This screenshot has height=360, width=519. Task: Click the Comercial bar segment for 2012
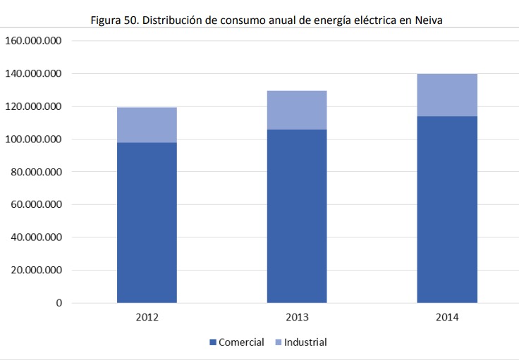(147, 223)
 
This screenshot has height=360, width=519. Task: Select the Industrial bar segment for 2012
(147, 125)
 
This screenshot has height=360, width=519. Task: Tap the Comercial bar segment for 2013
(297, 216)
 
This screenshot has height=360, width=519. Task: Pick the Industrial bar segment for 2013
(297, 110)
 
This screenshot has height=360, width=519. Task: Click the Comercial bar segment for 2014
(447, 209)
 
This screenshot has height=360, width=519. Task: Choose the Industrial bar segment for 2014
(447, 95)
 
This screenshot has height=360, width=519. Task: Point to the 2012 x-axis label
(147, 318)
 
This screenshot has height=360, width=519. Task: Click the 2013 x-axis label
(297, 318)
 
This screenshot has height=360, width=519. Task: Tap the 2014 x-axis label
(447, 318)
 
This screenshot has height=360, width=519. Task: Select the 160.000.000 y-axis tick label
(34, 41)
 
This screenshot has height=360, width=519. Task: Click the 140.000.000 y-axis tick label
(34, 73)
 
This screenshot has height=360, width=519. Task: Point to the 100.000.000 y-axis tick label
(34, 139)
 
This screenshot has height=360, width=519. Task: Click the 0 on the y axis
(59, 303)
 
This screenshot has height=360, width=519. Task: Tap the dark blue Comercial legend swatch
(213, 343)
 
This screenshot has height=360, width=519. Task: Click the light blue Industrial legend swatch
(277, 343)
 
